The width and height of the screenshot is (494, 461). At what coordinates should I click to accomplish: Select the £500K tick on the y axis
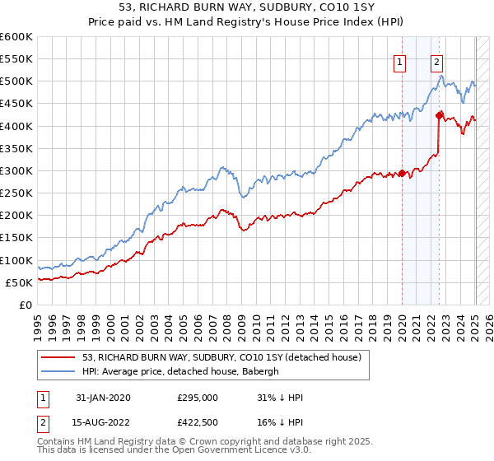16,81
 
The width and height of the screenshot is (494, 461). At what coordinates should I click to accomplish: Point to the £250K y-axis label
16,193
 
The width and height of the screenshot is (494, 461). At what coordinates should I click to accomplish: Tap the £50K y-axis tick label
20,282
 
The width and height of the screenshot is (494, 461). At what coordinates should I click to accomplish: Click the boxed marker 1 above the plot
400,60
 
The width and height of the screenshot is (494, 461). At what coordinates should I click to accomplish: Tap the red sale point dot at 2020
403,173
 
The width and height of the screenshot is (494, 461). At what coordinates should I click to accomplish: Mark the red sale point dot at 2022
439,115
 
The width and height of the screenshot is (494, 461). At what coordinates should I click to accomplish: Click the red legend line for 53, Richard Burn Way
59,357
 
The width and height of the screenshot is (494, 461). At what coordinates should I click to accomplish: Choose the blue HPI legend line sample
59,371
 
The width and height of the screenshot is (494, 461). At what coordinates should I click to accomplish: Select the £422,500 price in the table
198,423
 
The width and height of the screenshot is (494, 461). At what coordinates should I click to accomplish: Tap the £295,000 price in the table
198,398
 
